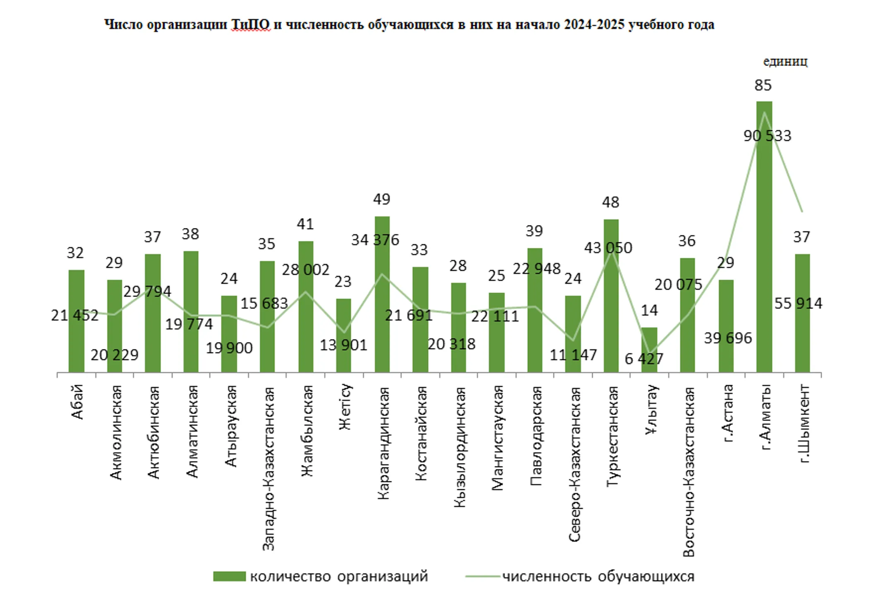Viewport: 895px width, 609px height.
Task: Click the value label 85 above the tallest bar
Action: coord(763,85)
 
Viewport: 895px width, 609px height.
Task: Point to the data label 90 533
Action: coord(767,136)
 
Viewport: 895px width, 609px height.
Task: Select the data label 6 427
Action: coord(643,359)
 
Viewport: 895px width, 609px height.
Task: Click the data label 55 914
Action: coord(798,303)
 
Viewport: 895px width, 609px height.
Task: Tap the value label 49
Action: coord(381,199)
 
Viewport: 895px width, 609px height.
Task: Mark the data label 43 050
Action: coord(608,248)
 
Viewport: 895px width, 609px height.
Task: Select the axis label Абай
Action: coord(77,402)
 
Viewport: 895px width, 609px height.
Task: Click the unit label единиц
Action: coord(785,61)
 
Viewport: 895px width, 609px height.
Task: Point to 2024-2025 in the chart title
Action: coord(594,25)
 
